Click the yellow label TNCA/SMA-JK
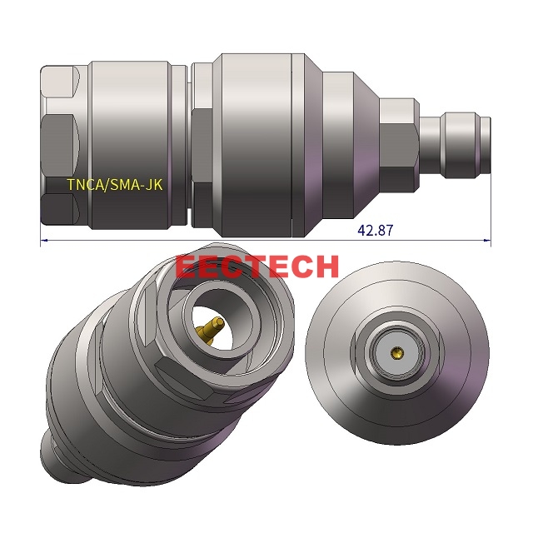(x=115, y=185)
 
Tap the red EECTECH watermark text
(x=257, y=266)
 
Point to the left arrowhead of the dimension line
(x=44, y=242)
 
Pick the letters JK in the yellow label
(x=153, y=185)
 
